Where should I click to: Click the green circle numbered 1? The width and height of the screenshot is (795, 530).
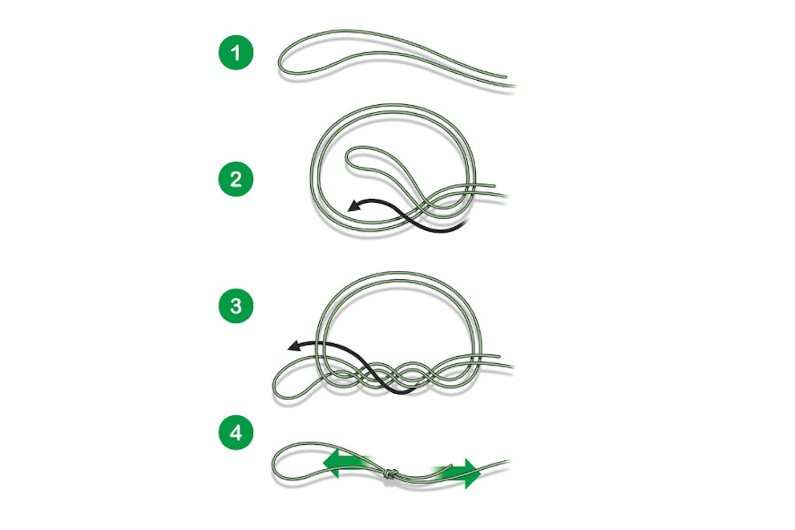[x=236, y=55]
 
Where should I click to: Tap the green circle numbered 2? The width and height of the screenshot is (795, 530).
[x=236, y=180]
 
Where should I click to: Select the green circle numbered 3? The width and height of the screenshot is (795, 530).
[x=236, y=305]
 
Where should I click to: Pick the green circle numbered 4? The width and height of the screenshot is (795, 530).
[x=236, y=434]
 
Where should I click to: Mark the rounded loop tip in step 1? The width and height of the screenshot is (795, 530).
[x=282, y=65]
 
